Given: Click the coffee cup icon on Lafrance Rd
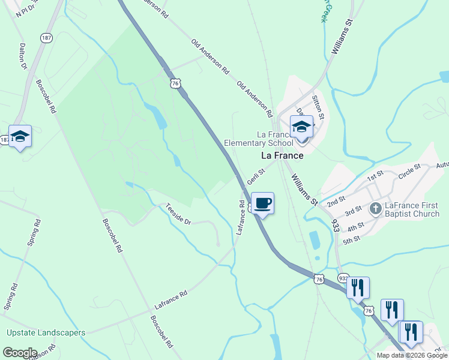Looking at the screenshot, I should [x=262, y=203].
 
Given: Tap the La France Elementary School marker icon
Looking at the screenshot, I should [x=301, y=127].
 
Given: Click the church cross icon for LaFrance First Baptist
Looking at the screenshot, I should [x=376, y=209].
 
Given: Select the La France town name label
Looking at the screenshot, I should [x=282, y=155].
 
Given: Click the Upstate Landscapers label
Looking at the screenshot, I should [x=46, y=332].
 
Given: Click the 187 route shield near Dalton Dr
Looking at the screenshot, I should [x=46, y=37].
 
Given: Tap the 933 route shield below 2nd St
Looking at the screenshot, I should [x=335, y=225].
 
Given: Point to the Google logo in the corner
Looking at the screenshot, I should [x=20, y=353].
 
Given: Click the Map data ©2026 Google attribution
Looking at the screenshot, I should [x=412, y=355].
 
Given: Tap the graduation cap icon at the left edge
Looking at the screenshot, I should [x=20, y=137].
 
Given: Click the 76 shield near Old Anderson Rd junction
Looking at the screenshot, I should [x=175, y=84].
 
